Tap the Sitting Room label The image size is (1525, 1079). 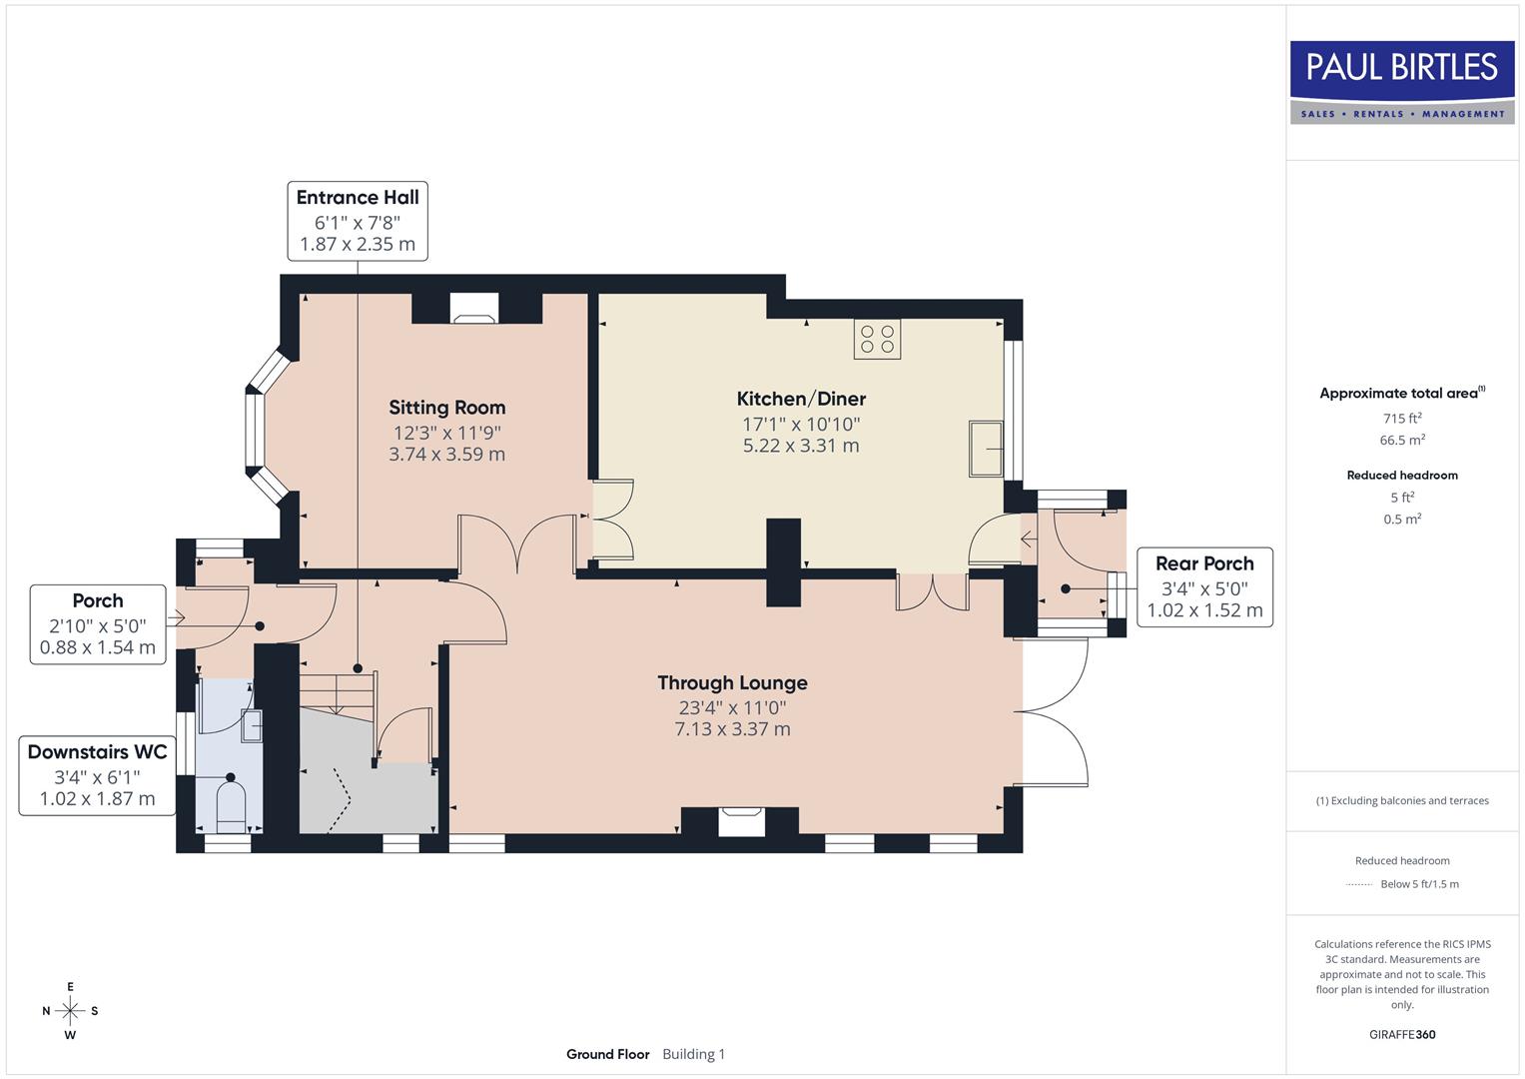point(446,408)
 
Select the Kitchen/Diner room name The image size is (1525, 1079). point(801,399)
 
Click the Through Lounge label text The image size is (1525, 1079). point(732,683)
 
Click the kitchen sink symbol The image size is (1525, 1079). point(986,449)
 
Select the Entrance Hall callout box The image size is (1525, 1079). point(358,221)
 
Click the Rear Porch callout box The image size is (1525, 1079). point(1204,587)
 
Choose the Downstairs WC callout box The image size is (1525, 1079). point(97,775)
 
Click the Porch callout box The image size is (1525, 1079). point(98,624)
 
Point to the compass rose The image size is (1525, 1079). point(70,1011)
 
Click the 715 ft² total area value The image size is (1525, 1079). point(1402,419)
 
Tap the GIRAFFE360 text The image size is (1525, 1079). point(1402,1034)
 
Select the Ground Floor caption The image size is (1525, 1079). point(607,1054)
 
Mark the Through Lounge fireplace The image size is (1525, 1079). point(741,821)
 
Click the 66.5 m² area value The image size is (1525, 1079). point(1402,440)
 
